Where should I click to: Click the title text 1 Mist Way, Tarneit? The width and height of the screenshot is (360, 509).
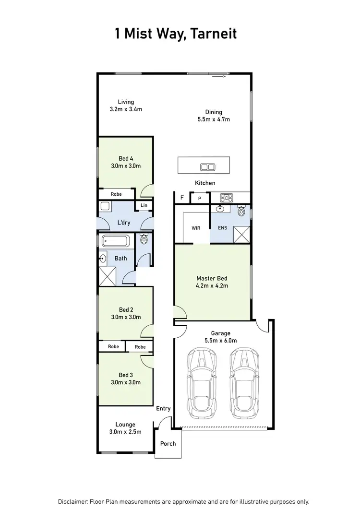tap(176, 34)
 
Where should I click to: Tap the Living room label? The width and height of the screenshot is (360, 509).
tap(126, 102)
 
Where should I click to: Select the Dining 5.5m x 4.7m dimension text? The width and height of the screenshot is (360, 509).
tap(214, 119)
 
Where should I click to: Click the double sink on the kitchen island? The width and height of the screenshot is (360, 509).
tap(207, 167)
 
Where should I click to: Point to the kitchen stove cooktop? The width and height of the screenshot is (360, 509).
tap(226, 197)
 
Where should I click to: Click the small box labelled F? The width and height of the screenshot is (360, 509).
tap(182, 198)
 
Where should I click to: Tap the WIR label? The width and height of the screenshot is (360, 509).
tap(195, 228)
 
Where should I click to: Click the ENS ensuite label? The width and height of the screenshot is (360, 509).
tap(222, 228)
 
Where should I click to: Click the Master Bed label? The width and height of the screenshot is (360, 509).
tap(211, 278)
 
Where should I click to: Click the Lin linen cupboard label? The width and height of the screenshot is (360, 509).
tap(144, 205)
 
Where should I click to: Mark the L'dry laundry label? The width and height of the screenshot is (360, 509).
tap(124, 223)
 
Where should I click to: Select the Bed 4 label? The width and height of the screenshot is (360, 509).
tap(126, 158)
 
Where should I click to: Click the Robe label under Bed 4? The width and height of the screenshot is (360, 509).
tap(116, 194)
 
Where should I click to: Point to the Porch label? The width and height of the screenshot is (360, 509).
tap(168, 444)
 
